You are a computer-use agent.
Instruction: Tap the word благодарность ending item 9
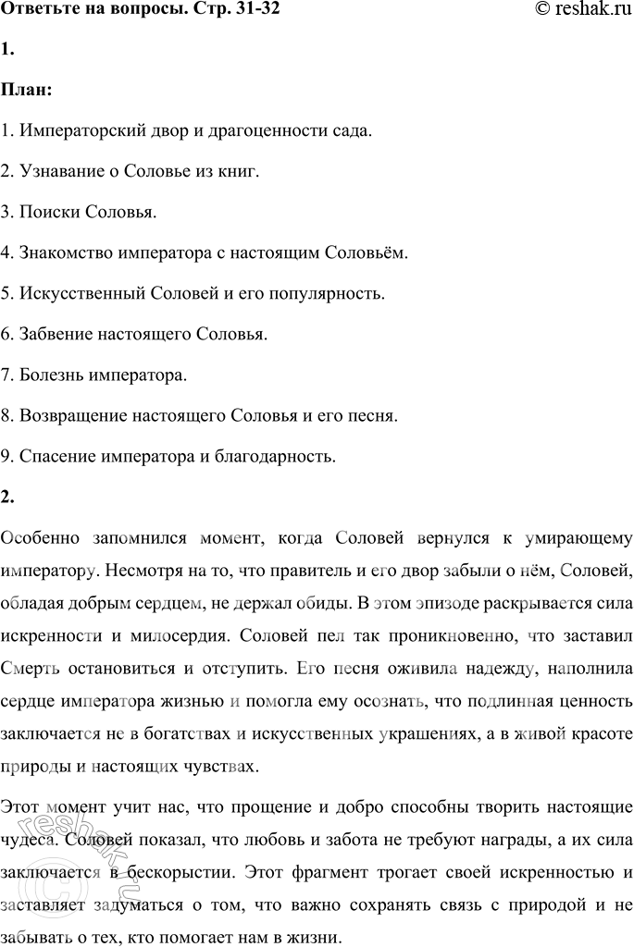pyautogui.click(x=283, y=456)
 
